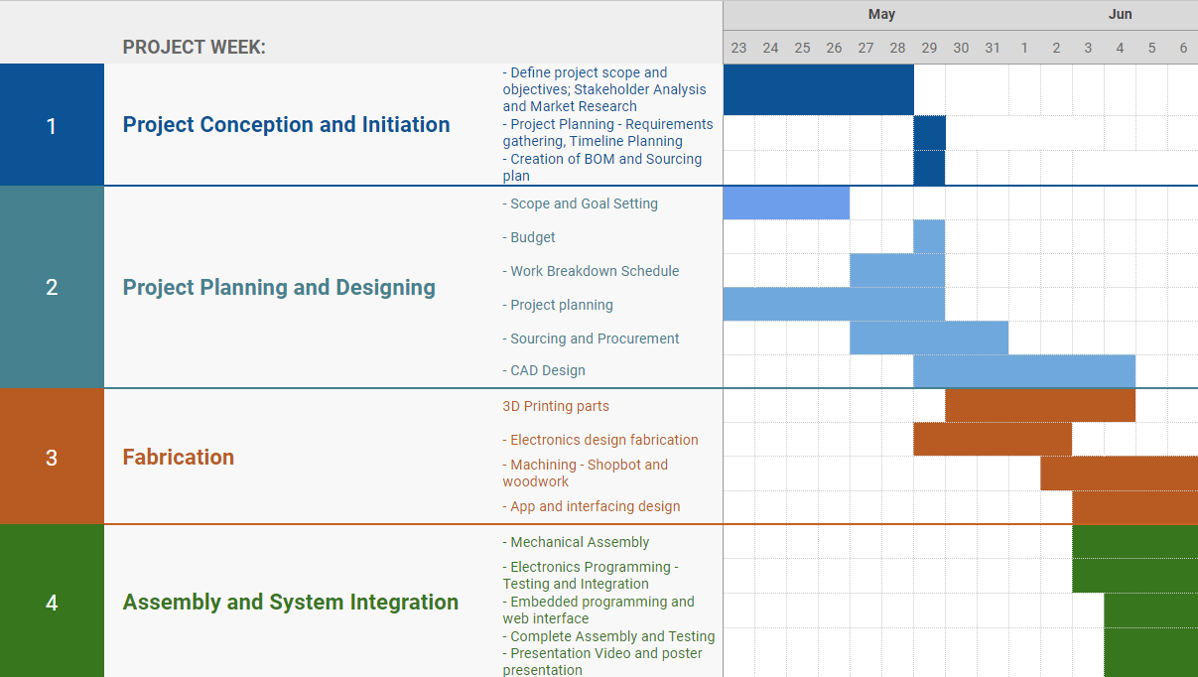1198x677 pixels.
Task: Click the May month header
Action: click(881, 15)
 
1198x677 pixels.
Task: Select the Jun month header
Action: click(1120, 15)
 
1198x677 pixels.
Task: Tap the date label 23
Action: click(738, 48)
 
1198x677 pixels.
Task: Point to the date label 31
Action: click(993, 48)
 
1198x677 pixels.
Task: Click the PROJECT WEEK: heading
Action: click(194, 47)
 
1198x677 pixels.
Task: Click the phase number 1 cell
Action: click(52, 125)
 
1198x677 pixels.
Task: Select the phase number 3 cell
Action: click(52, 457)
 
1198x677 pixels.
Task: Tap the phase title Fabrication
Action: click(178, 458)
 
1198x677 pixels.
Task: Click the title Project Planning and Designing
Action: click(279, 288)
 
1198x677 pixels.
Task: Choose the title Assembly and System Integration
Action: click(291, 603)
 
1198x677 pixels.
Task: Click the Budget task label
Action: click(529, 237)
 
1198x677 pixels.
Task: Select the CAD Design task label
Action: click(544, 370)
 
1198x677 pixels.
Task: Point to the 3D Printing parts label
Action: click(556, 406)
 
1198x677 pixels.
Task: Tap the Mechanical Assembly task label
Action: click(576, 542)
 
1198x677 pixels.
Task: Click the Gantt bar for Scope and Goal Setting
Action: click(786, 203)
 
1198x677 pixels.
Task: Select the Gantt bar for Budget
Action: click(929, 236)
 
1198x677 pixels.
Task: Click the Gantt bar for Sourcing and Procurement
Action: click(929, 338)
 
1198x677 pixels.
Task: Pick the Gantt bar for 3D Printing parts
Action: click(1040, 405)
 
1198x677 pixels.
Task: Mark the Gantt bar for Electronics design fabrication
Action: click(993, 439)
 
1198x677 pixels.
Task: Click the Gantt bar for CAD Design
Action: click(1024, 371)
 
